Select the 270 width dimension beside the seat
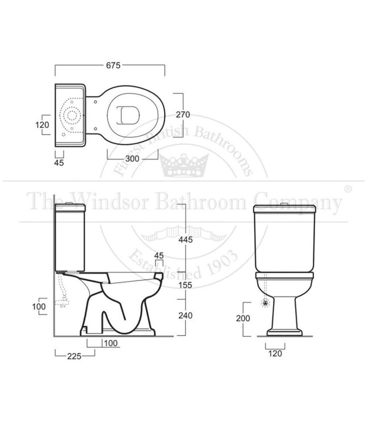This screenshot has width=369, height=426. coord(182,114)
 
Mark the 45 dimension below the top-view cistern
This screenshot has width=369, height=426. coord(58,162)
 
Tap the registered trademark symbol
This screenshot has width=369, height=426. coord(347,188)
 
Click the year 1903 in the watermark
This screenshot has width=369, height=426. coord(212,282)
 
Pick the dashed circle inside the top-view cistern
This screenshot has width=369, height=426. coord(73,115)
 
